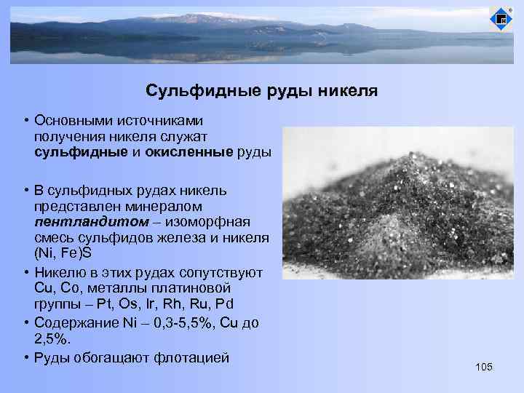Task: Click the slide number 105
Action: (x=483, y=366)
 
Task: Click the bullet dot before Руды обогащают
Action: (x=25, y=357)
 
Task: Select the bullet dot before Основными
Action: (x=25, y=120)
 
